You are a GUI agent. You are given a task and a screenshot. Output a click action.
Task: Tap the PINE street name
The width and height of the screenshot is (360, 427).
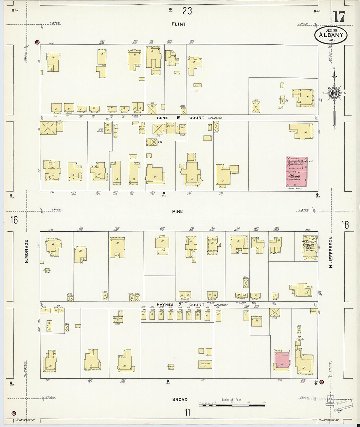pos(177,211)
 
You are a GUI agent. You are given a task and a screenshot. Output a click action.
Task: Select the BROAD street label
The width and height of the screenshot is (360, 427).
pos(180,400)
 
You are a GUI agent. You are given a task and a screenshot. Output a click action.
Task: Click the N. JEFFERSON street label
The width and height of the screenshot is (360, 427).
pos(331,252)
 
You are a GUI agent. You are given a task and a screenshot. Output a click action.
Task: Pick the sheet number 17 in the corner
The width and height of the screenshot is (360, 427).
pos(339,16)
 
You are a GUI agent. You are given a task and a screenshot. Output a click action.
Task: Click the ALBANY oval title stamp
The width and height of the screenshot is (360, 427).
pos(331,35)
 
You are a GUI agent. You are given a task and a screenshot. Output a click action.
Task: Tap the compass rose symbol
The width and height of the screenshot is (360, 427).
pos(334,93)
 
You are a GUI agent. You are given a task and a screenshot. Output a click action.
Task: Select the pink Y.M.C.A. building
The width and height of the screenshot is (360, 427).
pos(297,171)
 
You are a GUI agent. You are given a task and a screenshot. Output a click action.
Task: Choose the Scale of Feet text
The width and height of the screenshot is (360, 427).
pos(231,400)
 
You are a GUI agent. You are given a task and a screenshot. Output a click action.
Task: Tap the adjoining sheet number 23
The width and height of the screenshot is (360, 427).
pos(187,11)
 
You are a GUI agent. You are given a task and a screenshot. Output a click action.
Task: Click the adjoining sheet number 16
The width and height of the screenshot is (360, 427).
pos(13,220)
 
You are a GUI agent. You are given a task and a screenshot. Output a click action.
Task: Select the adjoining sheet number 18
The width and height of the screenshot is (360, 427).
pos(345,225)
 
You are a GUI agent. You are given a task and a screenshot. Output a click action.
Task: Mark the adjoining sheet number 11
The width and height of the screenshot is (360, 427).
pos(187,412)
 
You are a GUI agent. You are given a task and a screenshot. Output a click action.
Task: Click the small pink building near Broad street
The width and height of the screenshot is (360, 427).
pos(282,360)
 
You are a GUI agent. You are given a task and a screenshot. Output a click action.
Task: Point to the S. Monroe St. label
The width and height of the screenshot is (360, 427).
pos(26,420)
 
